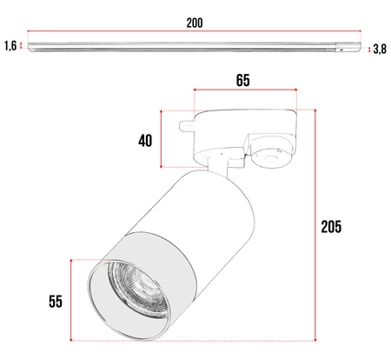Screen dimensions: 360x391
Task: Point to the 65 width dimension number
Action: [242, 81]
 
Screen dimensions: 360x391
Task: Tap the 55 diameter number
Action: [55, 302]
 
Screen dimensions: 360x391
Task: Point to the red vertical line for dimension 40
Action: [162, 139]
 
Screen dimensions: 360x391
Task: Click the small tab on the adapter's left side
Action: [185, 126]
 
